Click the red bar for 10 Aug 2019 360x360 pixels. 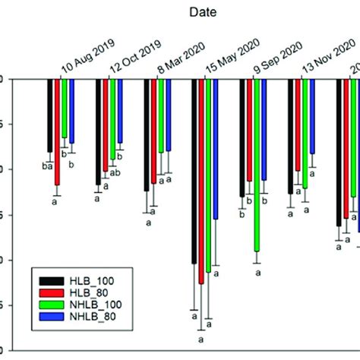tap(57, 131)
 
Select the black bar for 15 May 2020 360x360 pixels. tap(194, 171)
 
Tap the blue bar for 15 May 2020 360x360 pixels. tap(216, 149)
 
